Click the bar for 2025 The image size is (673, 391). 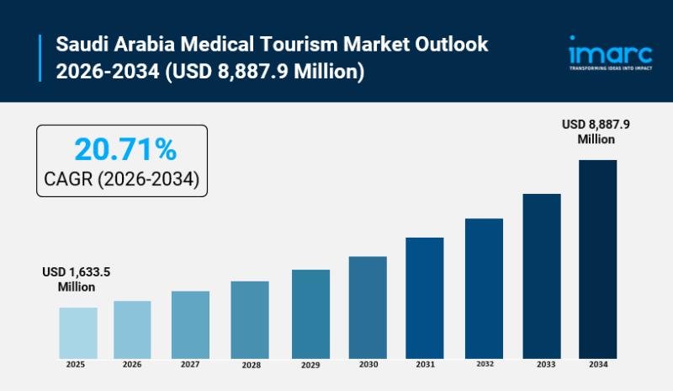[x=78, y=332]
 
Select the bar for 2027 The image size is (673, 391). [x=190, y=324]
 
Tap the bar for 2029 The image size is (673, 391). [x=310, y=313]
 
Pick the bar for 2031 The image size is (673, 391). [x=424, y=297]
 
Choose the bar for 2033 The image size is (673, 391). [x=542, y=276]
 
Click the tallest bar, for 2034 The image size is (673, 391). [x=597, y=259]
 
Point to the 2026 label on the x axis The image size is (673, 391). [x=132, y=365]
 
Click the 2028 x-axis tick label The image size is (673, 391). [x=250, y=366]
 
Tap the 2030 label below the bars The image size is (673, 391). [x=368, y=366]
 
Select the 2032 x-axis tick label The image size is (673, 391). [x=484, y=364]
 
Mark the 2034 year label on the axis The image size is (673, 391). [x=597, y=364]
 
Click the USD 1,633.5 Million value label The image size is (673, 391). [x=77, y=280]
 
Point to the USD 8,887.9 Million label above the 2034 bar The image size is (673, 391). [x=596, y=131]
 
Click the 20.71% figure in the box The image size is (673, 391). [x=125, y=150]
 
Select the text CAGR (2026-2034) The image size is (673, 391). [x=121, y=179]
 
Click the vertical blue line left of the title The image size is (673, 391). [x=40, y=57]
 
